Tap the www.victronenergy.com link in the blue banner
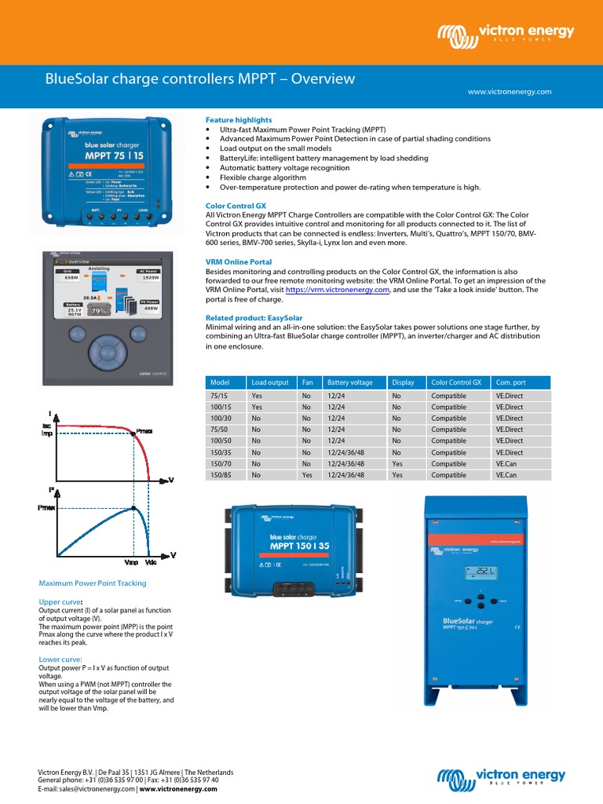click(x=510, y=92)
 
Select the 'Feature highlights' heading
click(x=239, y=119)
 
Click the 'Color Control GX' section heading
click(x=236, y=205)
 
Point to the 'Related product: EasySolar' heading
click(x=254, y=317)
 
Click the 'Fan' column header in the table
click(x=307, y=382)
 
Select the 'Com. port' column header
click(x=510, y=382)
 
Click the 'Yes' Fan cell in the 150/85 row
click(x=307, y=475)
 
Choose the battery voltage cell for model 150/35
click(x=349, y=452)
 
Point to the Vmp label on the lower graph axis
click(x=131, y=563)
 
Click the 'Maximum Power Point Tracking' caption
click(x=93, y=583)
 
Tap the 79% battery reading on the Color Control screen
click(x=99, y=311)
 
